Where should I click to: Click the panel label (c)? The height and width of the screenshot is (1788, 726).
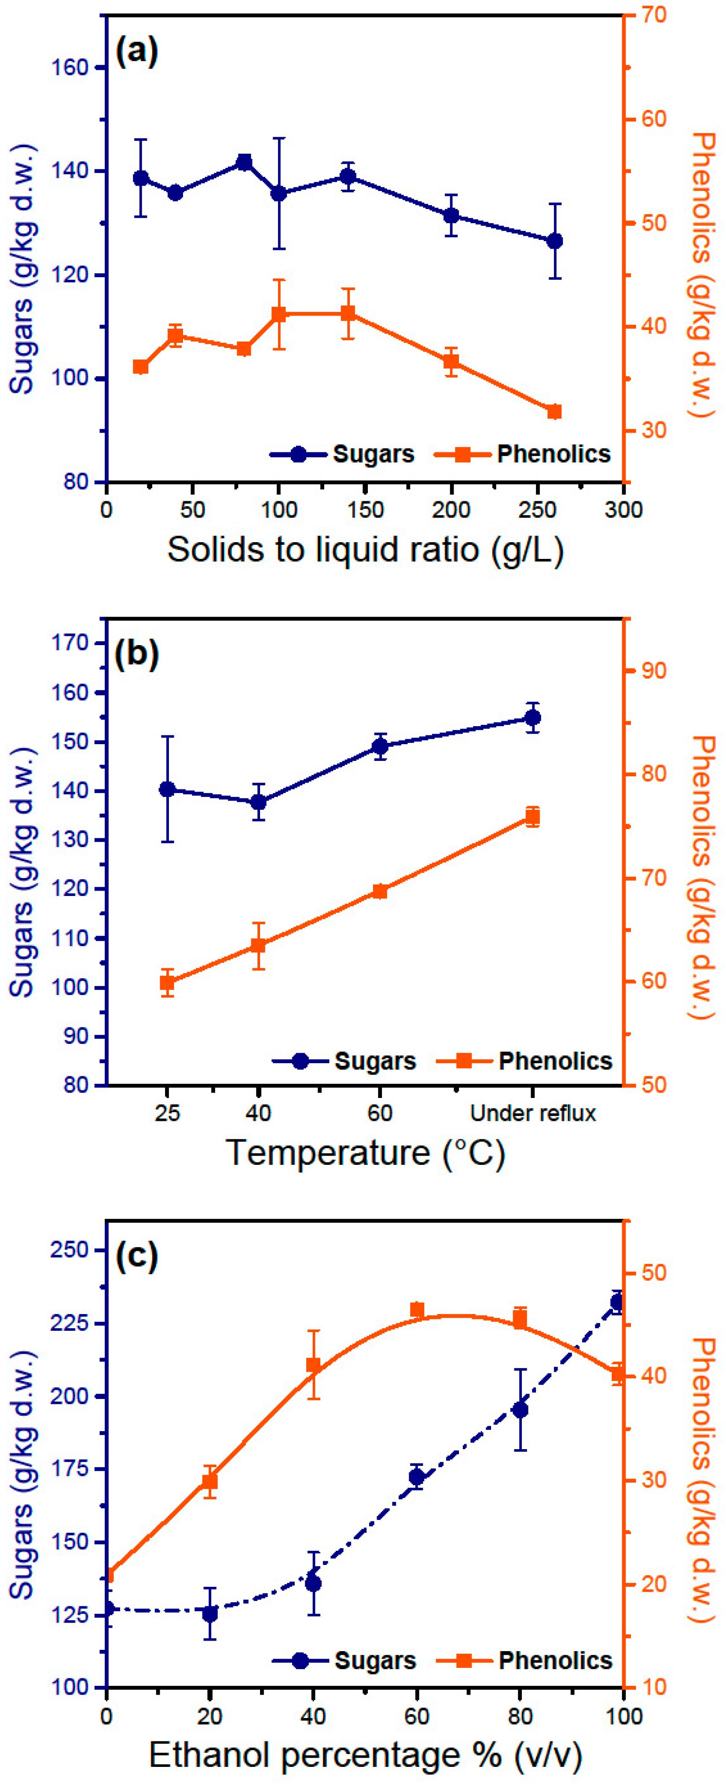(x=137, y=1255)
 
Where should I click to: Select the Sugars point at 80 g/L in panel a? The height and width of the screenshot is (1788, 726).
(x=244, y=162)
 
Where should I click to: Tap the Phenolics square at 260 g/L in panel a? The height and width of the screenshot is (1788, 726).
(x=554, y=411)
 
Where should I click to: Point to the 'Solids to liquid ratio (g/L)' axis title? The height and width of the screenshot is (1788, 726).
(x=365, y=549)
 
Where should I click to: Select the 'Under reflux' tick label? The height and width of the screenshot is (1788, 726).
(x=532, y=1113)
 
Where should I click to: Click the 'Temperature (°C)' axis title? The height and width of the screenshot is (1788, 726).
(x=365, y=1153)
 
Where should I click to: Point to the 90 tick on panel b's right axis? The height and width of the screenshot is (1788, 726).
(x=653, y=671)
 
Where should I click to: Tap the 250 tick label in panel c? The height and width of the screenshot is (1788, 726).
(x=70, y=1249)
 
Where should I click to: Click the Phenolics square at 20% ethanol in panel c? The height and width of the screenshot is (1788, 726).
(x=209, y=1482)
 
